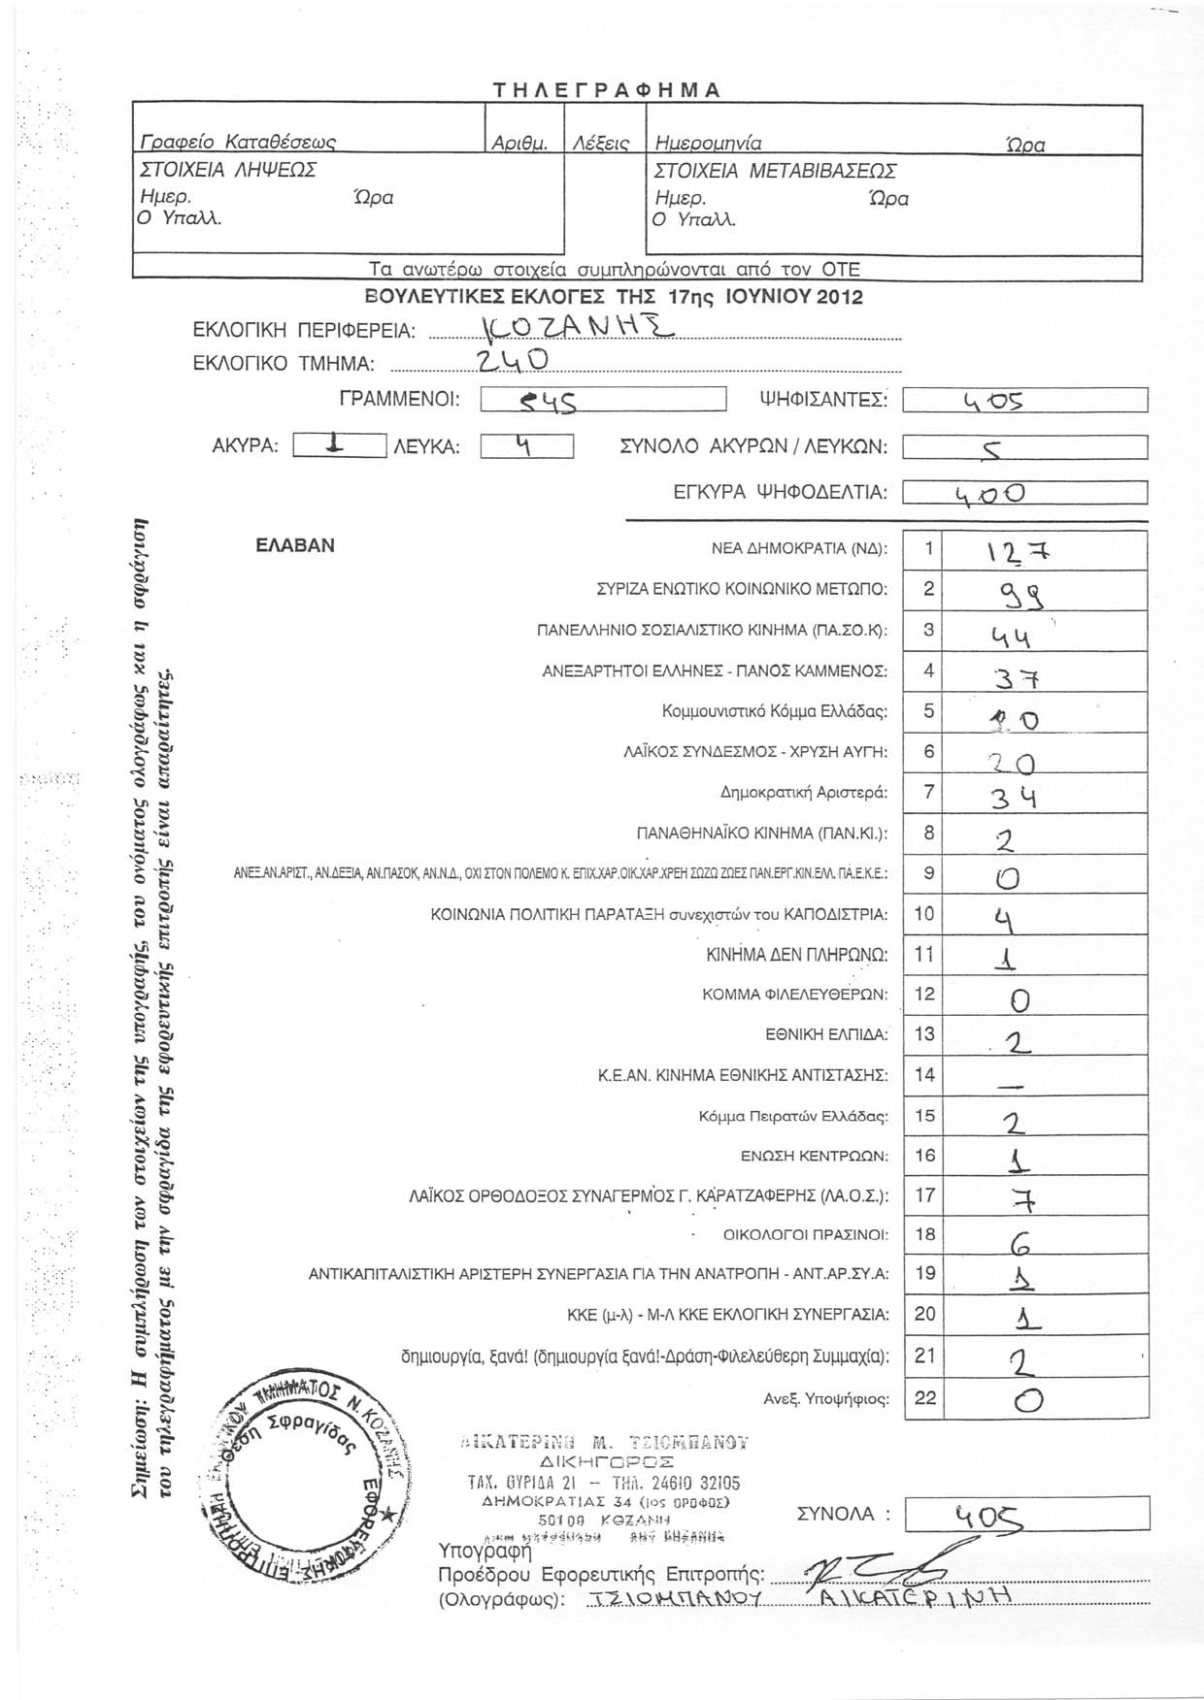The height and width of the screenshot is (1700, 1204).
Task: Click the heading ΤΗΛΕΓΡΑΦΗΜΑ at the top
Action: [606, 91]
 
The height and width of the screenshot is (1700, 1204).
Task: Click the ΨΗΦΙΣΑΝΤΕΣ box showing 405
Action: [1024, 400]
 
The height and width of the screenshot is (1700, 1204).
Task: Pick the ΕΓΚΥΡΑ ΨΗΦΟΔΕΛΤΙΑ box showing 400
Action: [1024, 493]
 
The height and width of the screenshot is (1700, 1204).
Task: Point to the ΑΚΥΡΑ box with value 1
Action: [334, 445]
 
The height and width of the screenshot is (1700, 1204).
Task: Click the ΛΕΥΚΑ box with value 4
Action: [526, 445]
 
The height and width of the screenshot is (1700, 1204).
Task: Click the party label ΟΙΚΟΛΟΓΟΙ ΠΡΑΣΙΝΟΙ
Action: [806, 1235]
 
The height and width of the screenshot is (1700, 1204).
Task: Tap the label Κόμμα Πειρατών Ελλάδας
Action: [792, 1116]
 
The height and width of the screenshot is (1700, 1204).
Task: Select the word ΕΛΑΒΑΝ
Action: [295, 545]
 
